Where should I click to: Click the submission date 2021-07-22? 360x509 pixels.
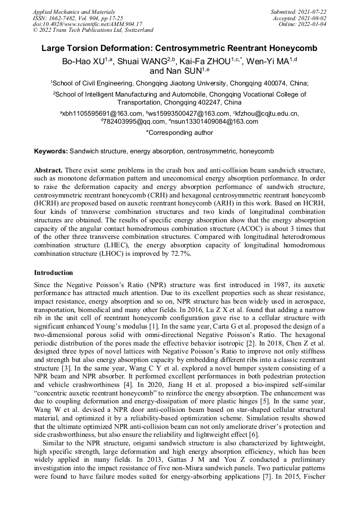(314, 11)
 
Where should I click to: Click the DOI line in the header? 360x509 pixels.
(87, 24)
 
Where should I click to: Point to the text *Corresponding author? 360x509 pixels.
(179, 133)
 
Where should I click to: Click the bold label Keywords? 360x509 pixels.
(51, 151)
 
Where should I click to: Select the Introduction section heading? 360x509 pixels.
(54, 273)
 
